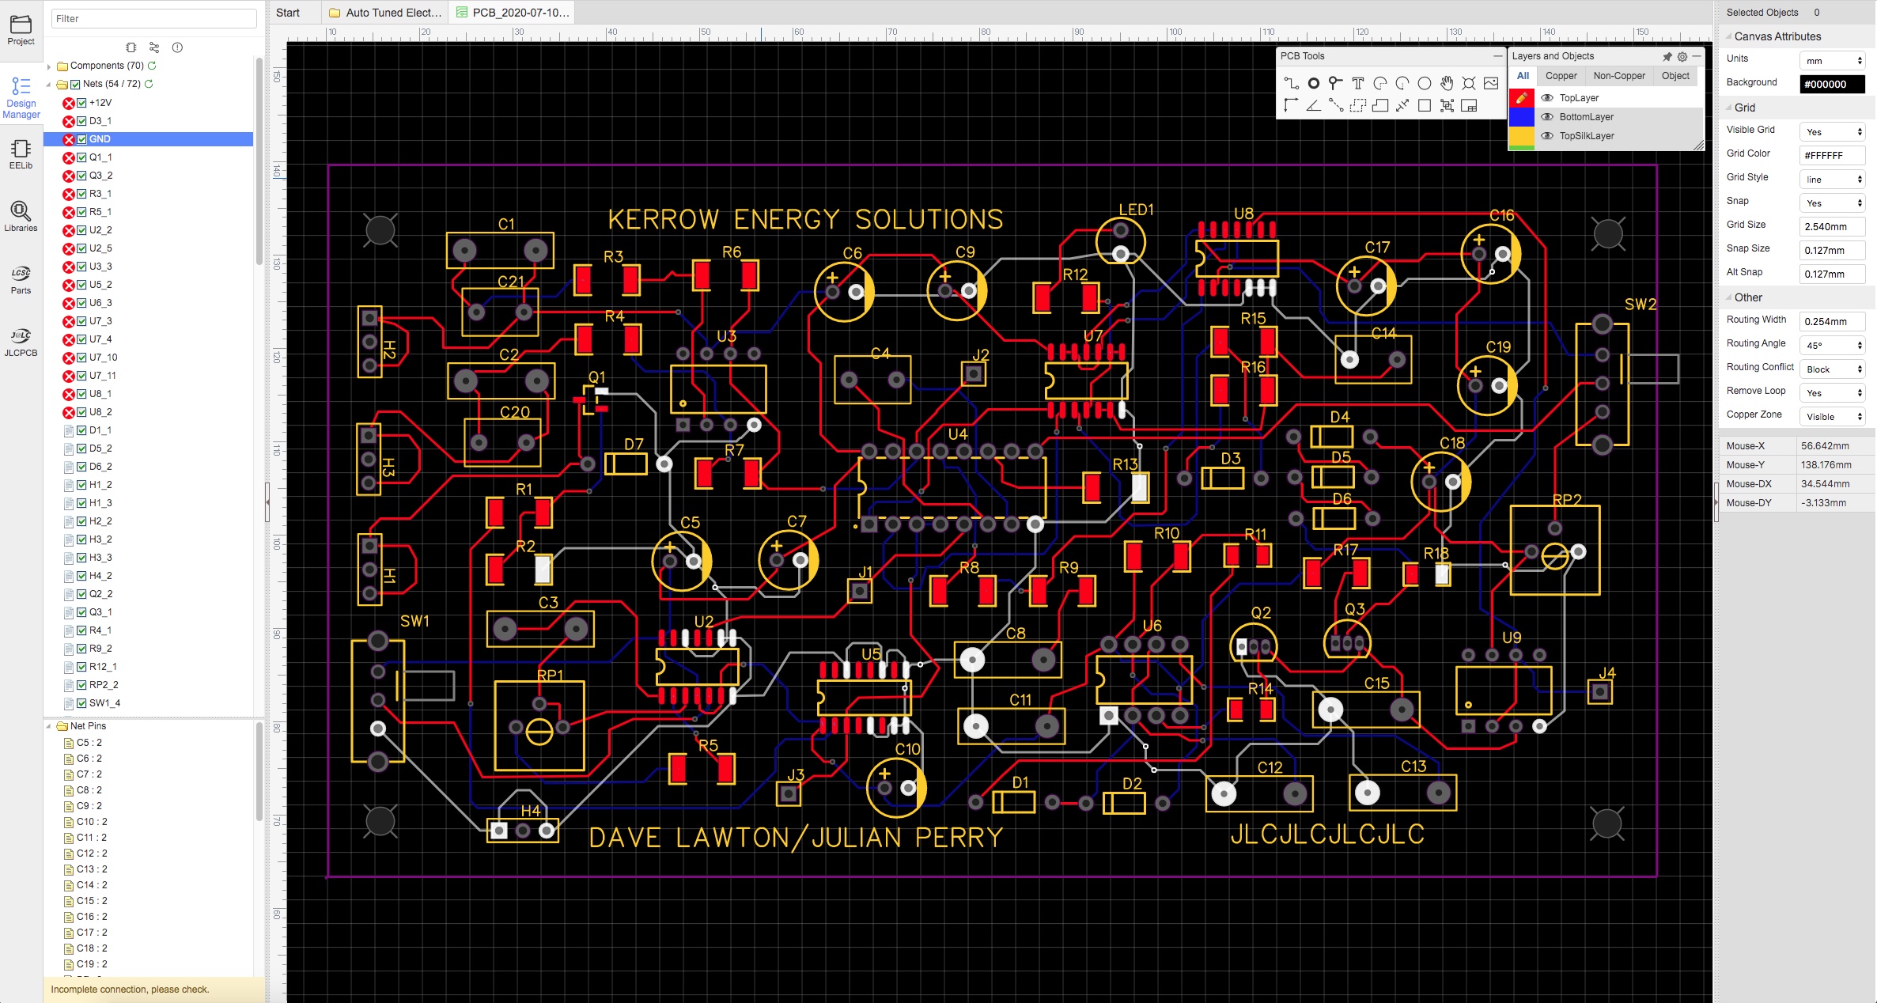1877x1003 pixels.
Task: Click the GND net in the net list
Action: (100, 139)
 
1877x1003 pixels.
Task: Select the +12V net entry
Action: (100, 103)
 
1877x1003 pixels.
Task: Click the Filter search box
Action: (154, 18)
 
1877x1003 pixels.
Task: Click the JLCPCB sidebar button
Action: (21, 343)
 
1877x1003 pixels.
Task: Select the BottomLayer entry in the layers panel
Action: (1586, 117)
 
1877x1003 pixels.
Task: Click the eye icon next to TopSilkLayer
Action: (1547, 136)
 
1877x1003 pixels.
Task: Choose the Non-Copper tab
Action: (1619, 76)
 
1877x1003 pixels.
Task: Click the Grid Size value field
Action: (1832, 226)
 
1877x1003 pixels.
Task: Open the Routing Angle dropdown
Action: (1832, 345)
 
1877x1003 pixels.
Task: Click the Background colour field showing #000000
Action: (1832, 84)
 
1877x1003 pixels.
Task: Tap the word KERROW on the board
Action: (663, 219)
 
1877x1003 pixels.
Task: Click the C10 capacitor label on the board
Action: (907, 748)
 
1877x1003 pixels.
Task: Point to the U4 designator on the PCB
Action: (958, 433)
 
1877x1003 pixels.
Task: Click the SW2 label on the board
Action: (1640, 305)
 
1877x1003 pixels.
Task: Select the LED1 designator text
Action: (1136, 210)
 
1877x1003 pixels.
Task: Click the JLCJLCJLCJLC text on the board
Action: (1327, 834)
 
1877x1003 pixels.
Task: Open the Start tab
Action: (288, 13)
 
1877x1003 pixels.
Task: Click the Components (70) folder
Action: (107, 66)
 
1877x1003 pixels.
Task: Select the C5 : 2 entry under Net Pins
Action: (89, 743)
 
